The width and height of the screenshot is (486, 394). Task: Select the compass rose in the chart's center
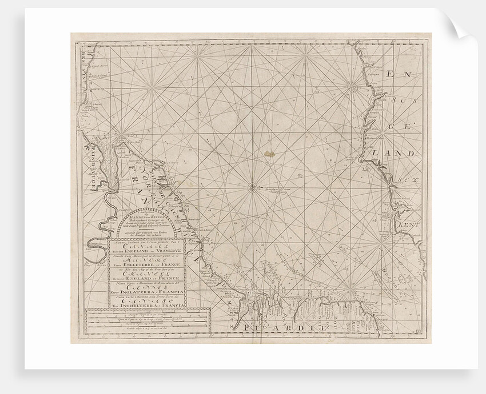252,186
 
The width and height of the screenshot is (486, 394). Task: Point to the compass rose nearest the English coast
350,87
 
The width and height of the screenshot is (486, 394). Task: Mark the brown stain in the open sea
269,152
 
